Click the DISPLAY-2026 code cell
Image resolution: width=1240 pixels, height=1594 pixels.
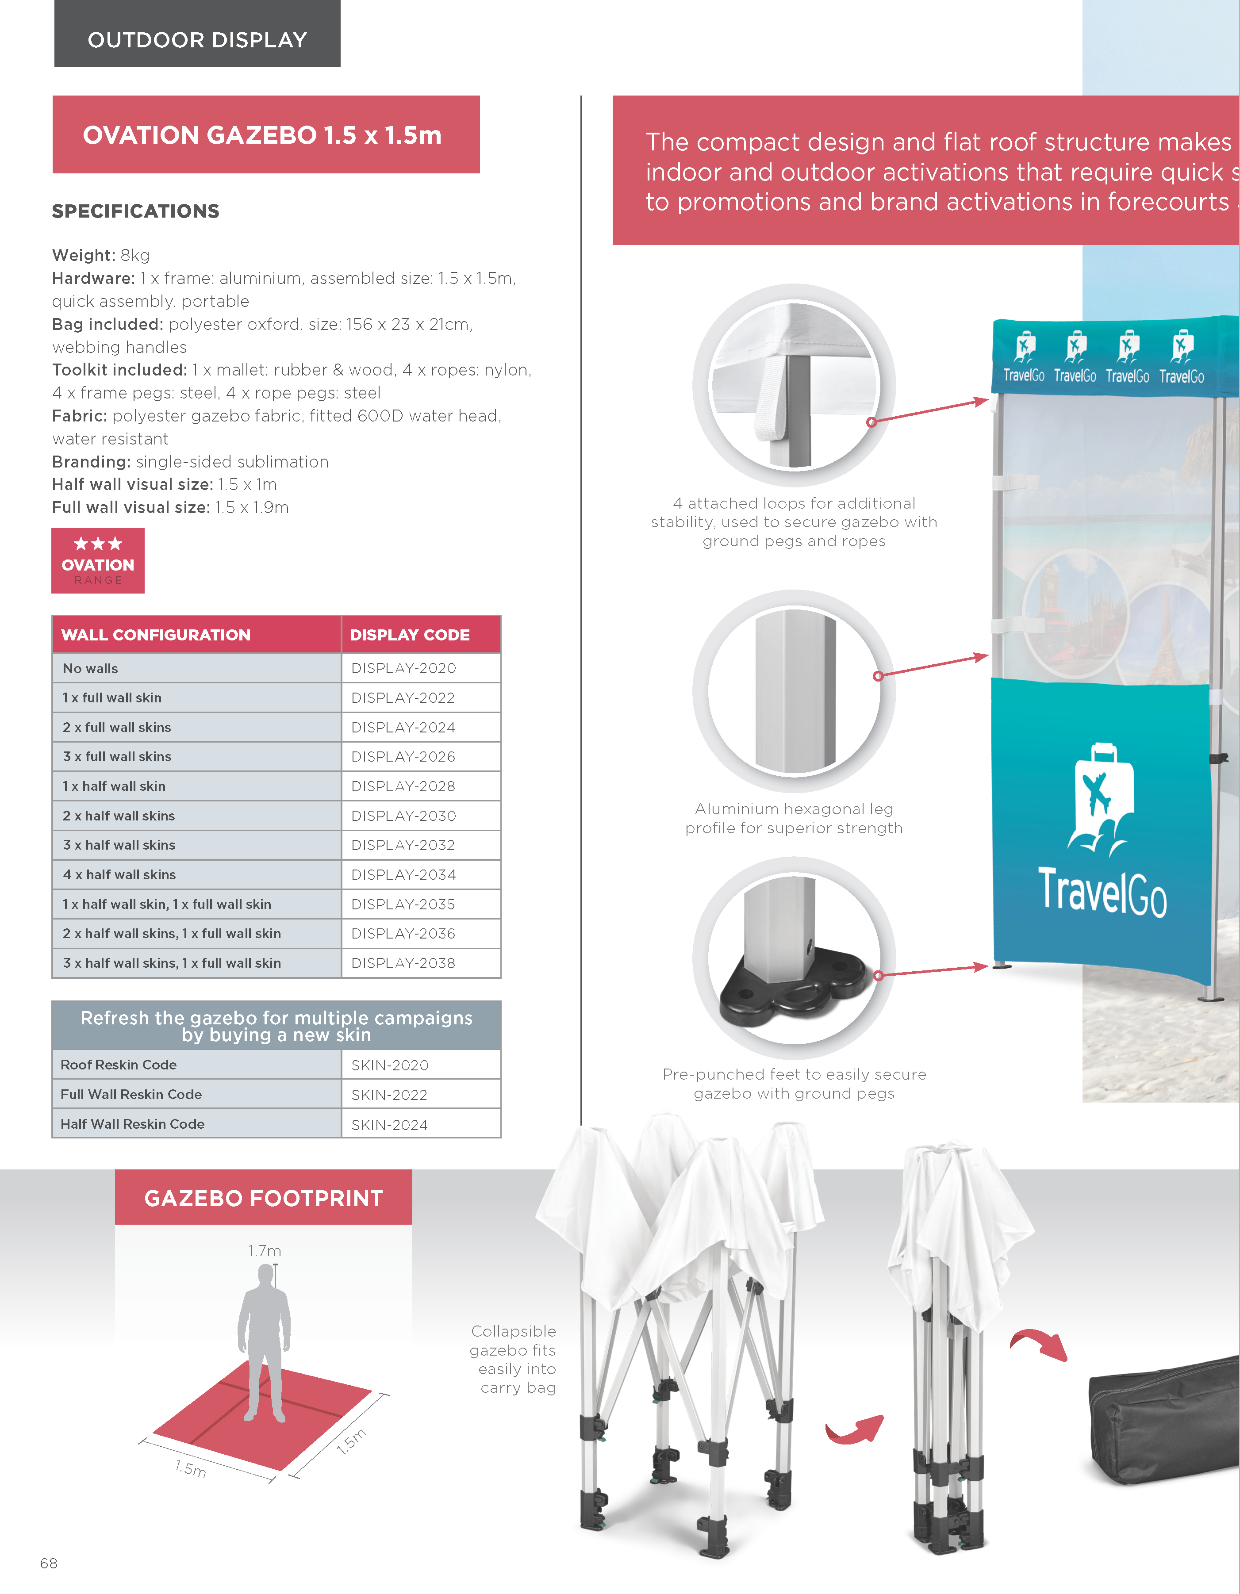(x=403, y=757)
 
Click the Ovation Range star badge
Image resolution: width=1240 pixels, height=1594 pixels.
(x=98, y=560)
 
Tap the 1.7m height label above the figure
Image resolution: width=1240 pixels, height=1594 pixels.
(x=264, y=1251)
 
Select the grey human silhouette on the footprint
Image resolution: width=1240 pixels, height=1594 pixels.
(x=264, y=1343)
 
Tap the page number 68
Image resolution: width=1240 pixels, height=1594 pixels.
(x=49, y=1563)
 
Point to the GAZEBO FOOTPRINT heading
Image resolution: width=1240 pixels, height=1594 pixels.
(x=264, y=1199)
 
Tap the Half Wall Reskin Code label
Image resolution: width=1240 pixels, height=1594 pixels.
(x=132, y=1124)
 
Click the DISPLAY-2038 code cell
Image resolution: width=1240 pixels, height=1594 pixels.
(x=403, y=963)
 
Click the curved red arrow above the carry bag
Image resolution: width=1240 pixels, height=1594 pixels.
(x=1039, y=1345)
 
